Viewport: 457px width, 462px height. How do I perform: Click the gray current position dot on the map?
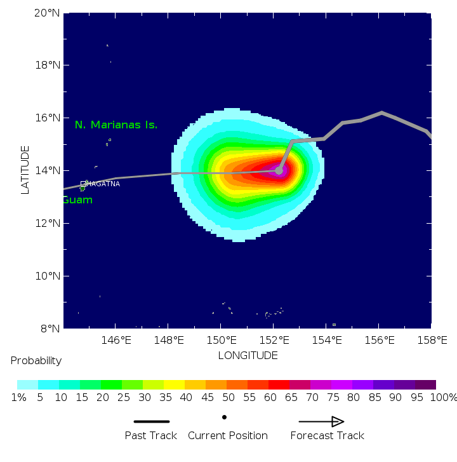(279, 171)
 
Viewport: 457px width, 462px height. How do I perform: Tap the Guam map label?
(77, 200)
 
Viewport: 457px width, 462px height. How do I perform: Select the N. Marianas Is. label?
(116, 125)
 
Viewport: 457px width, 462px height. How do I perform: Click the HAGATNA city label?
(103, 184)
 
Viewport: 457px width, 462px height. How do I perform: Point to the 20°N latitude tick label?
(47, 13)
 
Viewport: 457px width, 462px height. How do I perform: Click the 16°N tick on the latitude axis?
(47, 118)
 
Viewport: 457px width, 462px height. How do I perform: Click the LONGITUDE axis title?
(248, 355)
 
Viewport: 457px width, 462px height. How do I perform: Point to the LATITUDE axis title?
(25, 170)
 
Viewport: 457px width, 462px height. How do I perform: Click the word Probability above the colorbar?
(36, 361)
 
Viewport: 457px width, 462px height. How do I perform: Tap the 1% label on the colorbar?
(18, 398)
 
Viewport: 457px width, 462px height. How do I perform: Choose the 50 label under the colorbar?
(216, 398)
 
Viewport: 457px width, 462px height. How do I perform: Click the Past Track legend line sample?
(152, 421)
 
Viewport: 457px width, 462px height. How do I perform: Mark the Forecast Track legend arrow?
(321, 421)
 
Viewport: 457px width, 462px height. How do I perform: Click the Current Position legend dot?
(224, 417)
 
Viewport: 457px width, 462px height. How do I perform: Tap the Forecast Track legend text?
(327, 436)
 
